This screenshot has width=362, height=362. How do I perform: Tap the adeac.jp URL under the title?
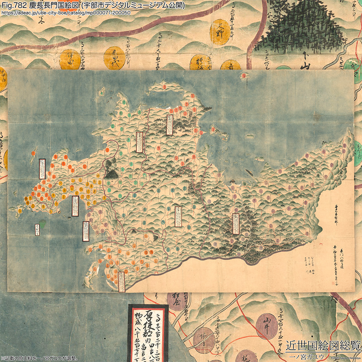coord(66,13)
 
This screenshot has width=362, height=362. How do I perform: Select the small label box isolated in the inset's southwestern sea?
coord(37,229)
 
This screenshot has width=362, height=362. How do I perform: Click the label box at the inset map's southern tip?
coord(121,282)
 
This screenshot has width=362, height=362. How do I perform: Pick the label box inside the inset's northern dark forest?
coord(169,124)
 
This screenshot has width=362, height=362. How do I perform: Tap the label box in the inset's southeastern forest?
coord(236,224)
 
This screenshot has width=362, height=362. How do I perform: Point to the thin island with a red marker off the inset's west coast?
coord(33,152)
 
